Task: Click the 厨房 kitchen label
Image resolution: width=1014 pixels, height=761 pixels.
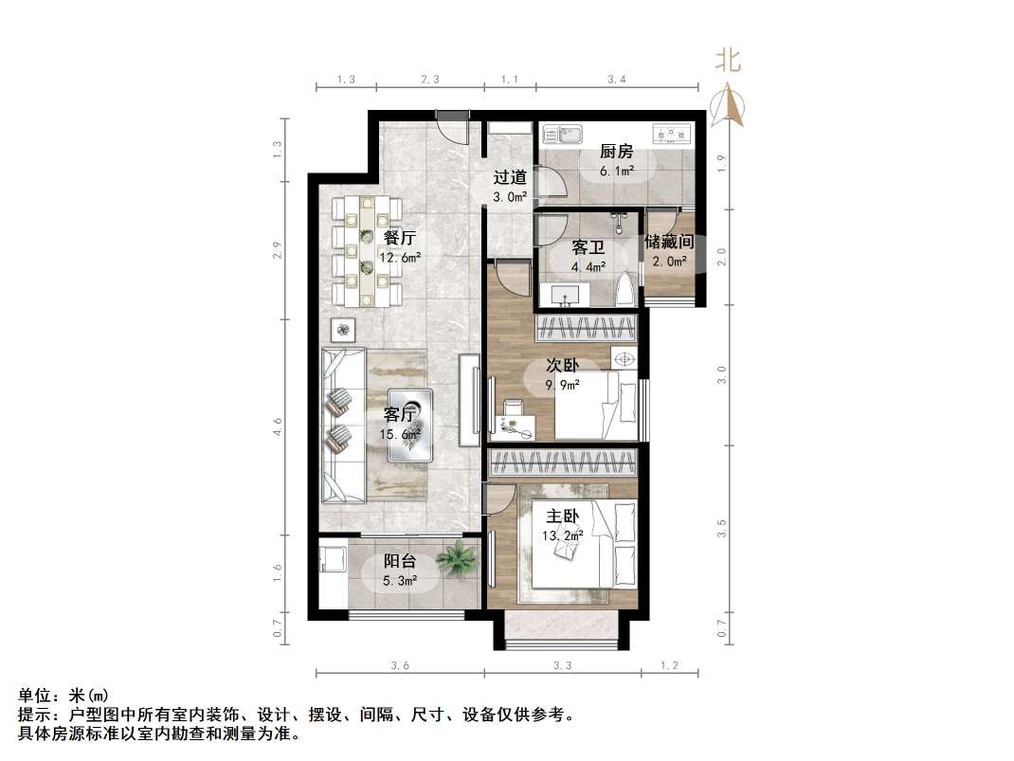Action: tap(616, 152)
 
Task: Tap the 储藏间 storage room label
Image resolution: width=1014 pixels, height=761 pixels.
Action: tap(670, 243)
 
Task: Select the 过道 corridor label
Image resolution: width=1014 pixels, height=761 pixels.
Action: tap(510, 177)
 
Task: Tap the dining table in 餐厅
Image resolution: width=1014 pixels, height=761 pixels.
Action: tap(368, 251)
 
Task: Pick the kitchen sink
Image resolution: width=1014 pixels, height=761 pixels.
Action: tap(570, 135)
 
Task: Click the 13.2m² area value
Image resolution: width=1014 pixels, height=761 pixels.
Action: tap(563, 535)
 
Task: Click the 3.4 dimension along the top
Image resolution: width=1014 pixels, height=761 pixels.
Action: tap(617, 81)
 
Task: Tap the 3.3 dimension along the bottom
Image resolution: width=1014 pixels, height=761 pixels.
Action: tap(562, 666)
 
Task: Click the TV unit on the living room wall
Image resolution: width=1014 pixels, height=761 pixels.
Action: tap(469, 400)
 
